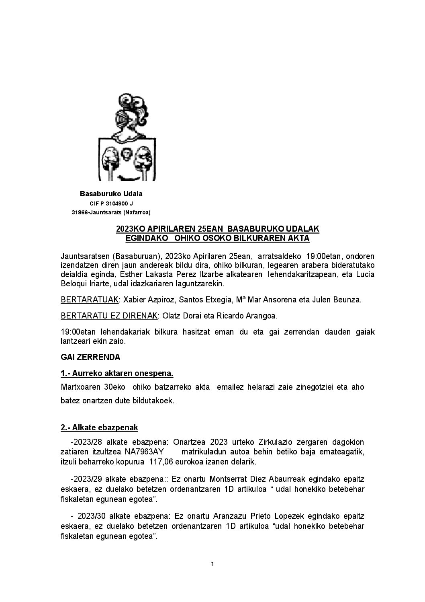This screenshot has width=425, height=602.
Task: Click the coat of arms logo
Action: pos(127,137)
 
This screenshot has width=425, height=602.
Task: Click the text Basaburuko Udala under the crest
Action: pos(111,194)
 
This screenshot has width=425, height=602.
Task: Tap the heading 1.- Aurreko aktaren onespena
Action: pos(117,374)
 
